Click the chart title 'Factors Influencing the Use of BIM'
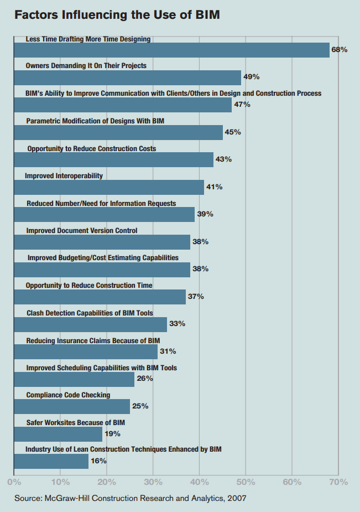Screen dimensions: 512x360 [x=117, y=15]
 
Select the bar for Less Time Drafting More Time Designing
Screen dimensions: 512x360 [x=171, y=50]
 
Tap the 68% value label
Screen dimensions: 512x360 [x=339, y=50]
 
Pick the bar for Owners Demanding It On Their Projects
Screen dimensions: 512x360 [x=127, y=77]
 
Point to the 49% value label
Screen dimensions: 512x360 [x=252, y=76]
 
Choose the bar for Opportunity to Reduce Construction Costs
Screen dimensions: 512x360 [x=113, y=159]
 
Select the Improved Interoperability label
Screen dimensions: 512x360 [x=64, y=175]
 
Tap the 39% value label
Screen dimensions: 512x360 [x=205, y=214]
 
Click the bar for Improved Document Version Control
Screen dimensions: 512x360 [x=102, y=242]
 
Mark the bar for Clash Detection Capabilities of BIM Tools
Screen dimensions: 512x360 [x=90, y=324]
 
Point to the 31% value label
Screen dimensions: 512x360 [x=168, y=351]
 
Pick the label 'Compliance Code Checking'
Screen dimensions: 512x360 [x=68, y=395]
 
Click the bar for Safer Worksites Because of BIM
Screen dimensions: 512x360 [x=58, y=434]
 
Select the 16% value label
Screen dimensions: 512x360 [x=98, y=461]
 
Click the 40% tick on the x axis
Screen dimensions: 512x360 [x=200, y=482]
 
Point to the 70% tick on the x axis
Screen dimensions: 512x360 [x=338, y=482]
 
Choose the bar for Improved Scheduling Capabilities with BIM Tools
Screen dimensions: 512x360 [x=74, y=379]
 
